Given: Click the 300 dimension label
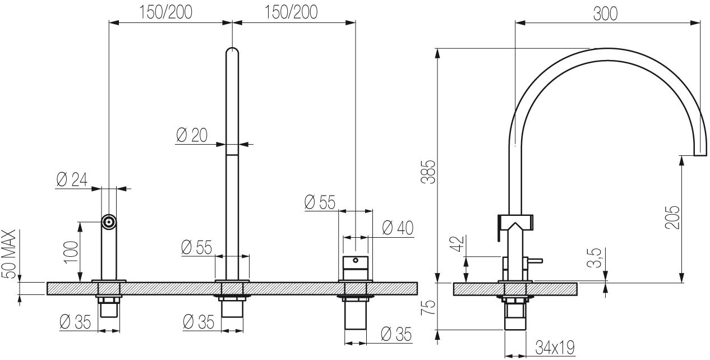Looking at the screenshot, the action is pyautogui.click(x=605, y=13).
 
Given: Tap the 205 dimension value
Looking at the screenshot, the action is pyautogui.click(x=672, y=218).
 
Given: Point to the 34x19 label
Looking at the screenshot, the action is pyautogui.click(x=555, y=347).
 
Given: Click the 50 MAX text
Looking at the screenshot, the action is pyautogui.click(x=8, y=254).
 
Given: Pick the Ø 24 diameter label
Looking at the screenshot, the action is pyautogui.click(x=72, y=179).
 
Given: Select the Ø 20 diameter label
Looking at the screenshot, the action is pyautogui.click(x=192, y=135).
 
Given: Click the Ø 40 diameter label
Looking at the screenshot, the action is pyautogui.click(x=398, y=228).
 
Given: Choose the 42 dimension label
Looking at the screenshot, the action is pyautogui.click(x=458, y=243).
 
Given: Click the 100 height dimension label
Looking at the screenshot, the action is pyautogui.click(x=71, y=252).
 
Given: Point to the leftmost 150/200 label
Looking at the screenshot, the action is pyautogui.click(x=166, y=12).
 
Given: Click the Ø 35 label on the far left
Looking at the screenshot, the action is pyautogui.click(x=75, y=322).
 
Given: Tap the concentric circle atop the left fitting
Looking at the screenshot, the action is pyautogui.click(x=109, y=222).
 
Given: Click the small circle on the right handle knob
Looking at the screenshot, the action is pyautogui.click(x=356, y=260).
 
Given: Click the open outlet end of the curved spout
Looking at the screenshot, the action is pyautogui.click(x=700, y=155).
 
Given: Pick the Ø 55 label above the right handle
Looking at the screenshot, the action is pyautogui.click(x=320, y=202).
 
